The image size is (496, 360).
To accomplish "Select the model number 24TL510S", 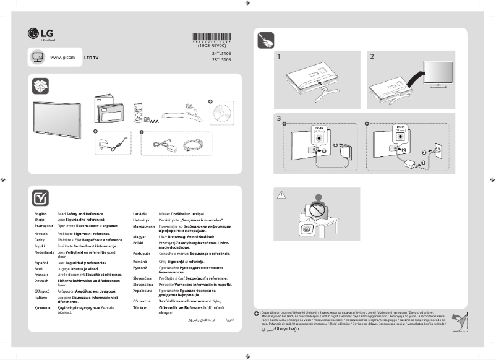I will (x=221, y=54).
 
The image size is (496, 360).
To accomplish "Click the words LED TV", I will (x=91, y=57).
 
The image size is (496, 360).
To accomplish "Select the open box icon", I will (x=40, y=86).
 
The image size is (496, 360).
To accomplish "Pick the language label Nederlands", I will (x=45, y=253).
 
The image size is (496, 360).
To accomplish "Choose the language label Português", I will (x=143, y=254).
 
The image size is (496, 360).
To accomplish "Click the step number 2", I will (x=372, y=57).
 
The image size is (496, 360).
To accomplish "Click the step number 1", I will (x=280, y=57).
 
